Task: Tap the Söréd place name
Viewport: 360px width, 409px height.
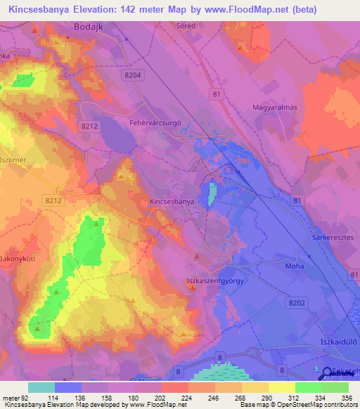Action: (x=184, y=25)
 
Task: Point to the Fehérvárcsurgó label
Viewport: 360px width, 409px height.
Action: (x=156, y=122)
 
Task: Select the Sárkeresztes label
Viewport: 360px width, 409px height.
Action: (x=332, y=238)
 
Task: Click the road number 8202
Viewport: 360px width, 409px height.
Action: (x=297, y=301)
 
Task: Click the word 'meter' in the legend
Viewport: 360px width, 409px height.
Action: (x=11, y=398)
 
